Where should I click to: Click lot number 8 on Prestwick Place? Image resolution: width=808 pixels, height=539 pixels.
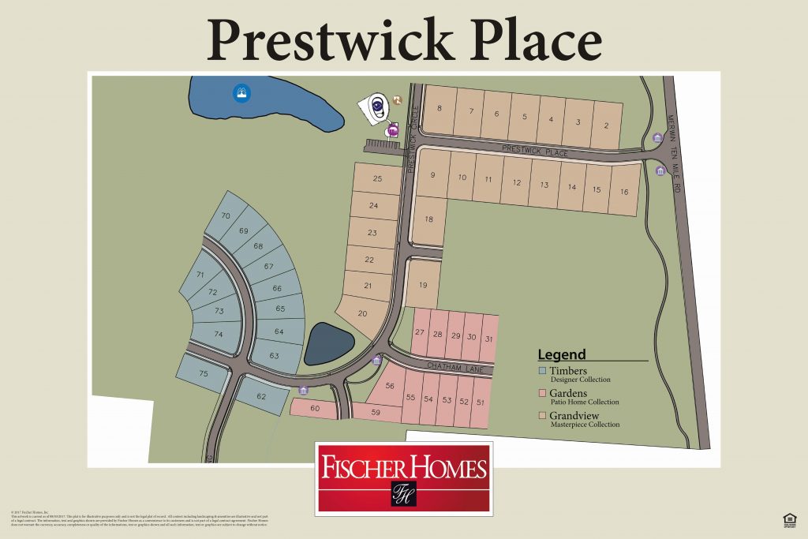[439, 109]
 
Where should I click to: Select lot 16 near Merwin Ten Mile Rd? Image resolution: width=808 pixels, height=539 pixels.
[624, 192]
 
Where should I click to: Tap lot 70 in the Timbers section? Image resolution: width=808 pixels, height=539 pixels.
[225, 215]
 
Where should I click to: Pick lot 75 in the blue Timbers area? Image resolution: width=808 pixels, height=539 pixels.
[203, 374]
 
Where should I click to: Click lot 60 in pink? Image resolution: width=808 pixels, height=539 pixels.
[314, 408]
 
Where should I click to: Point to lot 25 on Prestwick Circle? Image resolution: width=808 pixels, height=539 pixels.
[376, 179]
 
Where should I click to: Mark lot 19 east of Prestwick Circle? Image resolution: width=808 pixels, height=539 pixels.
[423, 285]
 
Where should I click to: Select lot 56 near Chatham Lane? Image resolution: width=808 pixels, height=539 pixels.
[389, 386]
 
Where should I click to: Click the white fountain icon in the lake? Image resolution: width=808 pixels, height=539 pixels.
[240, 93]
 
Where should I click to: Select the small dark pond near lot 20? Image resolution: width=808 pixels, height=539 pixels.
[328, 344]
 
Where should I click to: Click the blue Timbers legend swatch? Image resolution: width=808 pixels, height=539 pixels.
[542, 370]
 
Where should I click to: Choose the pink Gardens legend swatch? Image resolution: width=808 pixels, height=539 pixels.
[542, 393]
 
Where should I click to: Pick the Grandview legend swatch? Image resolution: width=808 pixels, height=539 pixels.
[542, 415]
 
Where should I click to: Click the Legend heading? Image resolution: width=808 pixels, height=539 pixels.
[562, 354]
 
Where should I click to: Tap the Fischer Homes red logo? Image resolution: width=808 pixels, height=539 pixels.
[403, 478]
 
